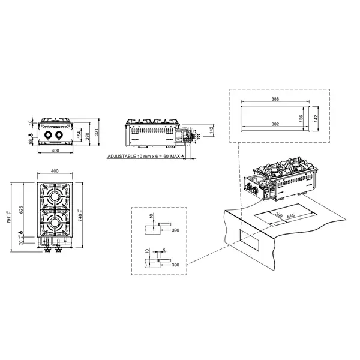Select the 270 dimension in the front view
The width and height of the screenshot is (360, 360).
pos(87,135)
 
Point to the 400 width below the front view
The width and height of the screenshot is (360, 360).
pos(56,151)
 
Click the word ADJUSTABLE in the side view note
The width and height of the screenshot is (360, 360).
pos(123,156)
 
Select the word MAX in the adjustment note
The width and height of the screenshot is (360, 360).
pos(175,156)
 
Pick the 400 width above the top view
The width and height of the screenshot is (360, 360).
pos(56,172)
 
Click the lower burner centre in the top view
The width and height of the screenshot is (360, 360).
pos(56,223)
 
